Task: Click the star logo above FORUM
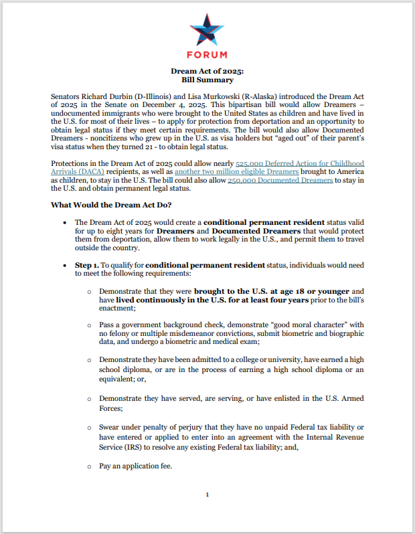tap(207, 30)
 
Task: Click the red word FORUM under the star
tap(207, 55)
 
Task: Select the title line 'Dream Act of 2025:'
tap(207, 70)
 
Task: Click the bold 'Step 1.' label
tap(87, 265)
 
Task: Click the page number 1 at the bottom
tap(207, 495)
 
